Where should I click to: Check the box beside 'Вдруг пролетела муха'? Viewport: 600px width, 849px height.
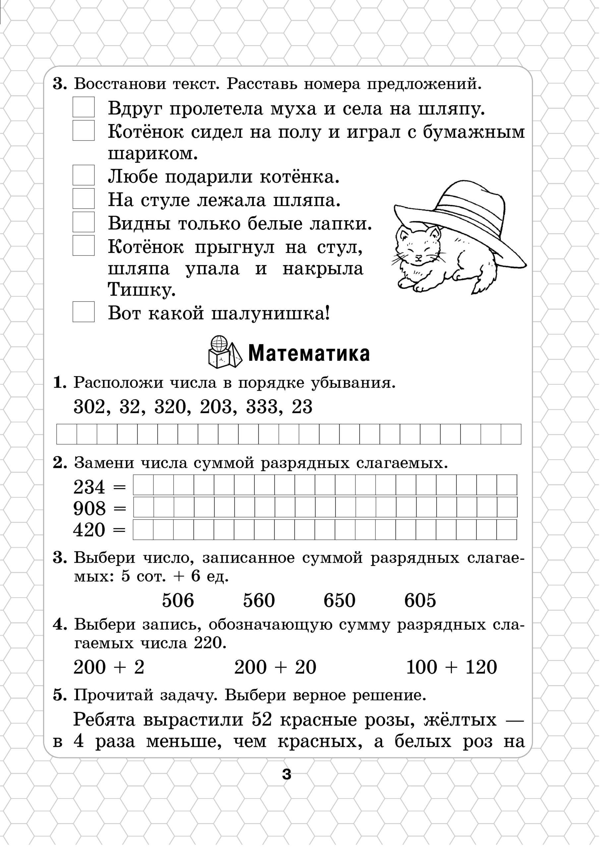[83, 107]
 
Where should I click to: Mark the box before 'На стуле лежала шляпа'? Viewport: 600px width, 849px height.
[83, 199]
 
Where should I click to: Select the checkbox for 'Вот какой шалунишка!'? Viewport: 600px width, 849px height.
[83, 312]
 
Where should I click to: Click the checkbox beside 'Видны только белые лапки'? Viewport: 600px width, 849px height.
[83, 222]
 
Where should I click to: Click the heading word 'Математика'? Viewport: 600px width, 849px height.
[309, 353]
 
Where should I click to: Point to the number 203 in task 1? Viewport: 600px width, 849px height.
[216, 407]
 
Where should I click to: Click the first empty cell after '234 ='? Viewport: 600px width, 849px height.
[143, 485]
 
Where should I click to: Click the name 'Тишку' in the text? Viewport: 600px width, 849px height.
[141, 290]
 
